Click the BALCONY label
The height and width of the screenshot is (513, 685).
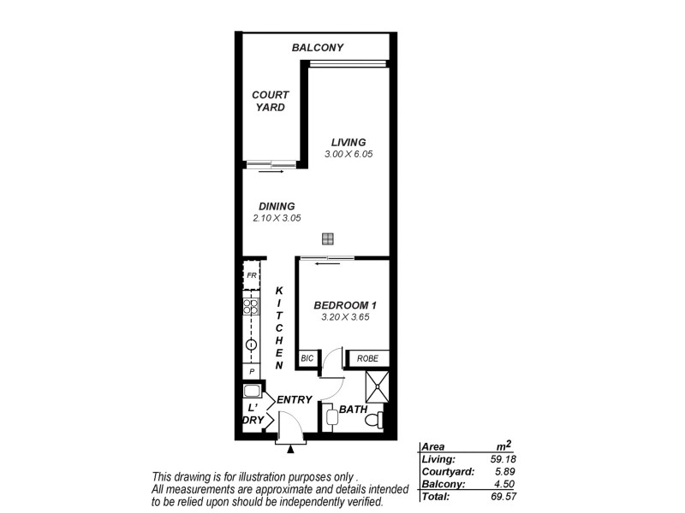[317, 48]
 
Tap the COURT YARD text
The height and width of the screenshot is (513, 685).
[270, 101]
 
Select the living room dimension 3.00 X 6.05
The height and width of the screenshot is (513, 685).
[348, 154]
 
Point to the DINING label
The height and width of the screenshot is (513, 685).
[277, 206]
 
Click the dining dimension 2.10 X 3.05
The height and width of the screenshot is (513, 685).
[277, 218]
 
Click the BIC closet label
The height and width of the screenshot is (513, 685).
[307, 360]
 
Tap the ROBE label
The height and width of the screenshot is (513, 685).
[367, 360]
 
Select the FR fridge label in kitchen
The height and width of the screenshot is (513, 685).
[252, 275]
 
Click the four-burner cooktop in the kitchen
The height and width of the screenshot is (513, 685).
[252, 306]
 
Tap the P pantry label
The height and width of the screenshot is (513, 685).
[252, 372]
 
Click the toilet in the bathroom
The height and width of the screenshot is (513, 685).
[371, 419]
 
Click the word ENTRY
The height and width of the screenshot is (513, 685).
[293, 399]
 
